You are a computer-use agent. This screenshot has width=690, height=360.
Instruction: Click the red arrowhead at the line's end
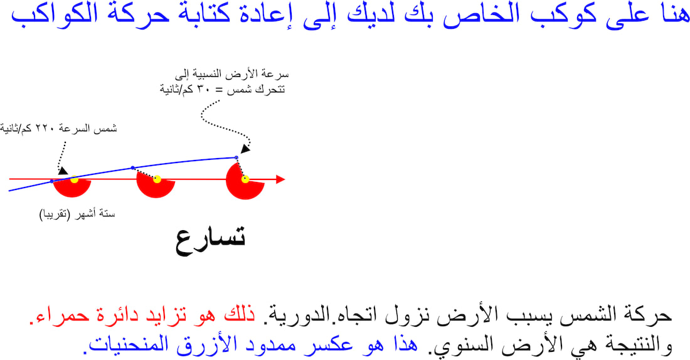(281, 179)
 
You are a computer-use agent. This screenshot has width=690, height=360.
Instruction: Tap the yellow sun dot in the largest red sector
(245, 179)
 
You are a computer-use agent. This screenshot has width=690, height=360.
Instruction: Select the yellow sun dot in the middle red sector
(157, 179)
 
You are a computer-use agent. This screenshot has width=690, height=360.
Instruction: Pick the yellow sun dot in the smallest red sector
(75, 179)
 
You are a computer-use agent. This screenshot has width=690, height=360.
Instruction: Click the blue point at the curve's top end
(236, 157)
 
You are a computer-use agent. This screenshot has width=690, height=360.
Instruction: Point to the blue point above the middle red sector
(133, 167)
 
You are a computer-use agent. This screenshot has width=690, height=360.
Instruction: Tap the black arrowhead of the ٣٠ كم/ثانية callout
(245, 149)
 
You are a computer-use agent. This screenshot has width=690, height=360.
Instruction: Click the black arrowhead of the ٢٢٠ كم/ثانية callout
(63, 171)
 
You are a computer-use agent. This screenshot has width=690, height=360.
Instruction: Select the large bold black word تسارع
(210, 240)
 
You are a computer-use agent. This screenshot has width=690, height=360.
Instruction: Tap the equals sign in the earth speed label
(218, 90)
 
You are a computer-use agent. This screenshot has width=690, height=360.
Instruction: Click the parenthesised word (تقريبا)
(55, 214)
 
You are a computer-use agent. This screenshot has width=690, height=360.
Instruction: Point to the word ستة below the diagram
(107, 214)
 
